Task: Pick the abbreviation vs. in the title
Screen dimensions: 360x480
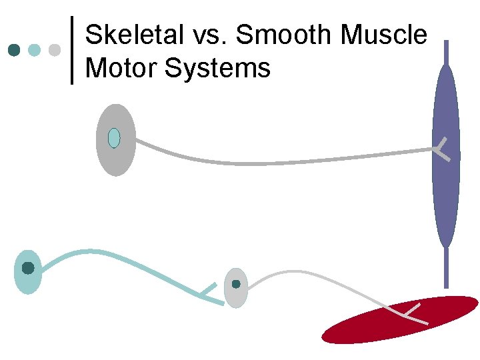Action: (x=207, y=35)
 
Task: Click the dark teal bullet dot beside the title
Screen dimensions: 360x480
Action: (x=14, y=50)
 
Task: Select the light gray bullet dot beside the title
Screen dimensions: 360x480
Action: (x=55, y=50)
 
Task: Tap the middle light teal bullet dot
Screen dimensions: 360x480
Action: (x=35, y=50)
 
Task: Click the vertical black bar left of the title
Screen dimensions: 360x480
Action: (x=71, y=50)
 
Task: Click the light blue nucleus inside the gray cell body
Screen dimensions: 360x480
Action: (x=114, y=138)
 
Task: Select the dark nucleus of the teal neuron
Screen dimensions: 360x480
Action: (x=28, y=268)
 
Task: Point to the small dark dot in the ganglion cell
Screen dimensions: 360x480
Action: (x=236, y=284)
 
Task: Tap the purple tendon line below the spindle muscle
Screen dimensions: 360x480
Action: (x=446, y=270)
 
